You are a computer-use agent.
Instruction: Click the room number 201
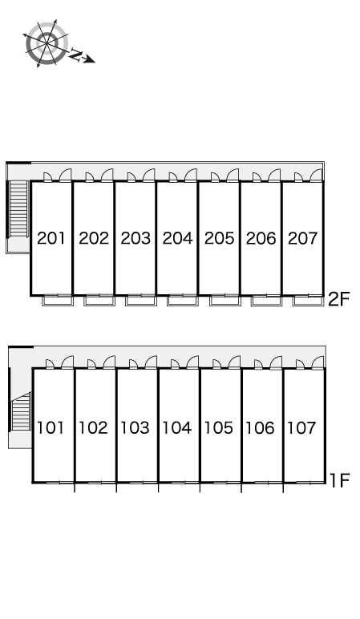click(x=51, y=238)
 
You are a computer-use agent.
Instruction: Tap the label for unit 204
click(x=178, y=238)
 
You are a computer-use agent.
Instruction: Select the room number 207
click(x=303, y=238)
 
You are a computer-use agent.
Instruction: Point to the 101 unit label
click(x=51, y=427)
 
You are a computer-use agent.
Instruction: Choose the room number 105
click(x=219, y=427)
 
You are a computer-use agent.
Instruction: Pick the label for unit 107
click(x=301, y=427)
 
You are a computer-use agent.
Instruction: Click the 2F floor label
click(x=339, y=300)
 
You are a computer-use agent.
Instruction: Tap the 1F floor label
click(x=340, y=480)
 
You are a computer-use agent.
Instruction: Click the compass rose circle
click(x=47, y=43)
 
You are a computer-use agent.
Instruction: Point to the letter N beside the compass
click(x=75, y=55)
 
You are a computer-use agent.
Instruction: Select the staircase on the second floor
click(x=18, y=209)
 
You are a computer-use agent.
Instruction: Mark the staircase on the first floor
click(x=21, y=411)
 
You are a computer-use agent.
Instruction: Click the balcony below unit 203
click(x=141, y=301)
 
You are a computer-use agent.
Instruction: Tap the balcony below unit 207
click(x=308, y=301)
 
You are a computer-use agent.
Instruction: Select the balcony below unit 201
click(x=58, y=301)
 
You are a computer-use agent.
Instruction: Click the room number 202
click(x=94, y=238)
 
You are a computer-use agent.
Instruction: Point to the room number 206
click(x=261, y=238)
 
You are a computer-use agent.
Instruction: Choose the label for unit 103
click(x=135, y=427)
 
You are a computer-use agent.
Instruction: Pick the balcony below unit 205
click(x=225, y=301)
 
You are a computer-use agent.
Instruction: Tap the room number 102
click(x=93, y=427)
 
